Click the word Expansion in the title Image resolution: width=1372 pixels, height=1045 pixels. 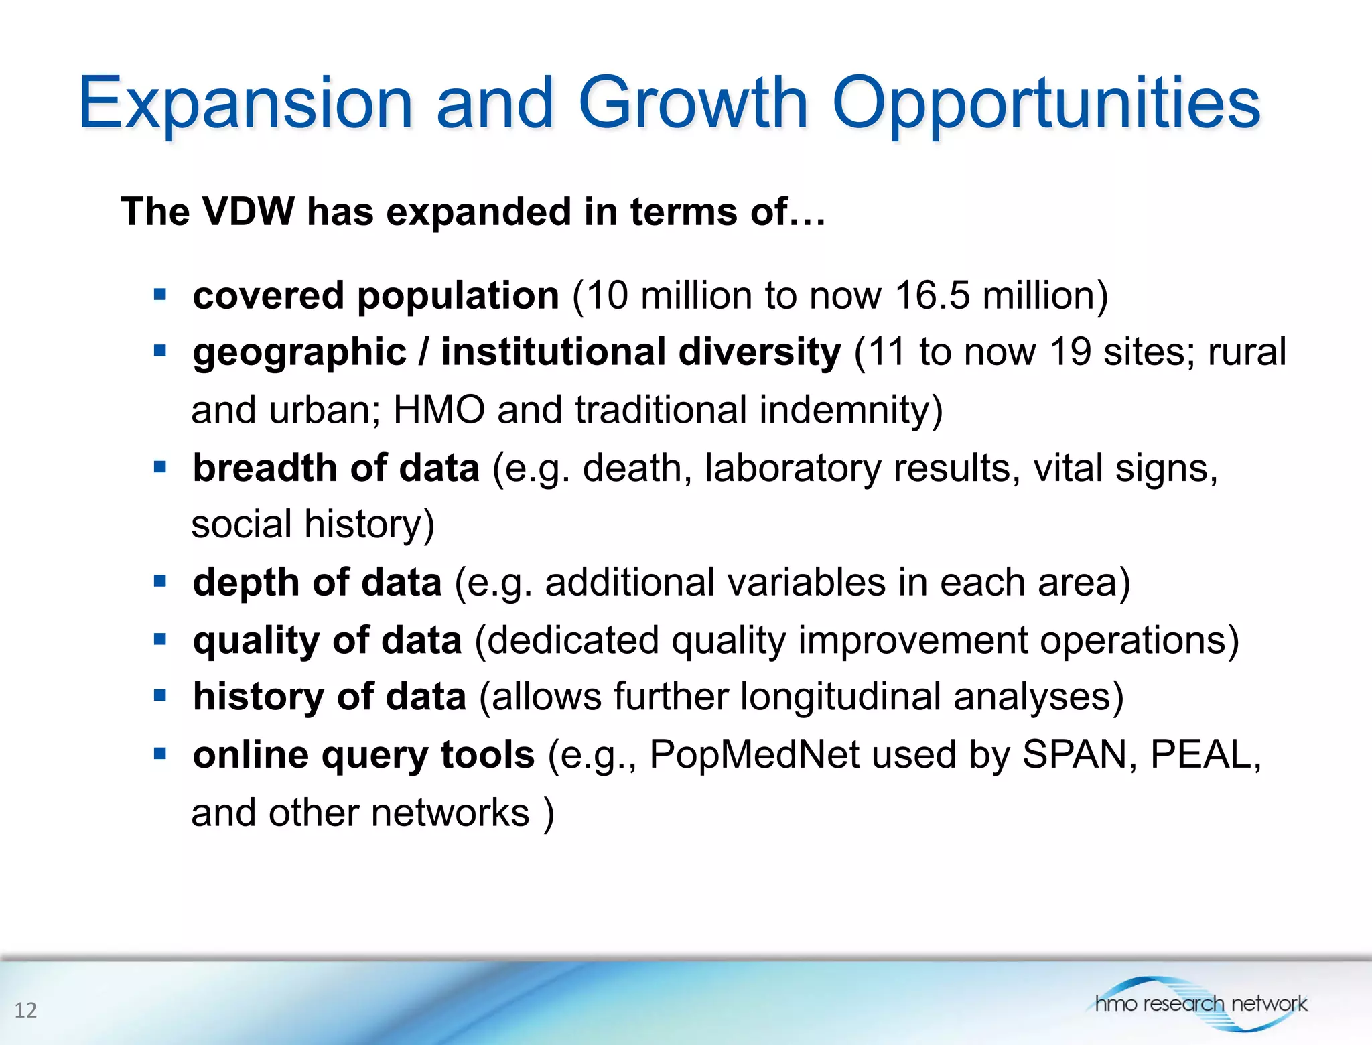245,104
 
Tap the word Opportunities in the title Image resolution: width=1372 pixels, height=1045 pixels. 1046,104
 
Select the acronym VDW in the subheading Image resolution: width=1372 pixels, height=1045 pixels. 248,212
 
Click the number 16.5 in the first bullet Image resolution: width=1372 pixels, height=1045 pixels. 932,295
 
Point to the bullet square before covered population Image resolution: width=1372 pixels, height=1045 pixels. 159,295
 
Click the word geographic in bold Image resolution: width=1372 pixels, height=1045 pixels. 299,353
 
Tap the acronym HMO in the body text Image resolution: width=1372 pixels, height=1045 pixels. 439,409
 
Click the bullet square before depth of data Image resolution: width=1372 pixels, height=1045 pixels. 159,581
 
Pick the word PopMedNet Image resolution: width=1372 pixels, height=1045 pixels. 754,755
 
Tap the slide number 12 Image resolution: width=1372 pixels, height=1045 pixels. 25,1009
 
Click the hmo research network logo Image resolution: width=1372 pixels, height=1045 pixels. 1200,1003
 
